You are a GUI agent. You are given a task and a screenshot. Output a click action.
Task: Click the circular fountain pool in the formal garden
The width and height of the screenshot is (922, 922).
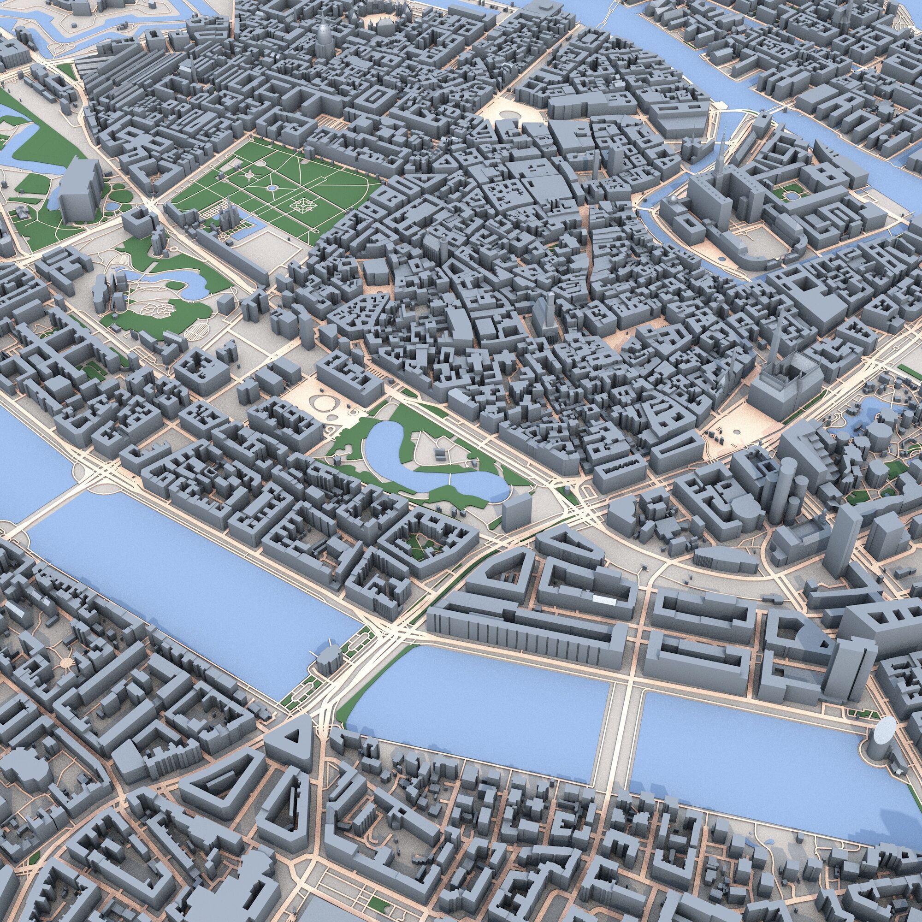(272, 188)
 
